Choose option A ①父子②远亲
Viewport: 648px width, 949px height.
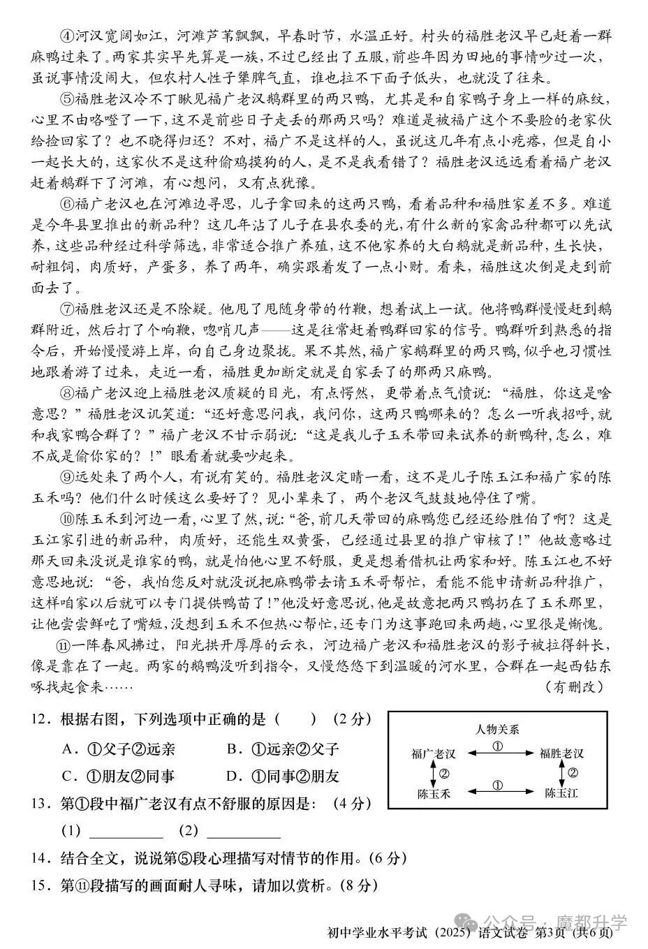pos(119,749)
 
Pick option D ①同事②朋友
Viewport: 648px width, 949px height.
pos(283,776)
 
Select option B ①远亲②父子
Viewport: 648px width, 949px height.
pos(283,749)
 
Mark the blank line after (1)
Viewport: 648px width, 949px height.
pos(126,832)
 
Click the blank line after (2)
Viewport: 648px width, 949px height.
pos(244,832)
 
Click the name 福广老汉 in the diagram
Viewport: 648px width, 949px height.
pos(434,753)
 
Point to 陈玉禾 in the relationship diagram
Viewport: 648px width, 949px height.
pos(434,793)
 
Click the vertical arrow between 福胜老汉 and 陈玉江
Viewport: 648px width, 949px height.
pos(561,773)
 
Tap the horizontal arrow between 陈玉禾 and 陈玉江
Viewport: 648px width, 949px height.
pos(497,792)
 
